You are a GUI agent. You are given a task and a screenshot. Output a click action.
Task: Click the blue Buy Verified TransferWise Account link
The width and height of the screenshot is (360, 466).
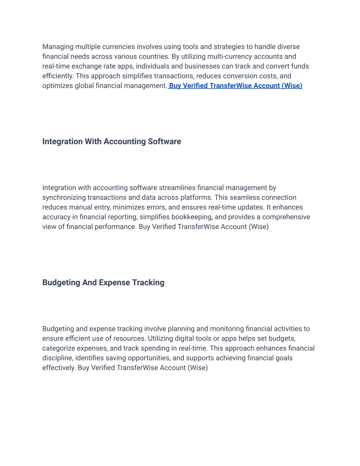(x=236, y=86)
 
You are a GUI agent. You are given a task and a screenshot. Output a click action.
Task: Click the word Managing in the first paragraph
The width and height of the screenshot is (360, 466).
(x=58, y=47)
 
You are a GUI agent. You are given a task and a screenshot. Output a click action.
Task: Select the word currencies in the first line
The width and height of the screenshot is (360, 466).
(x=118, y=47)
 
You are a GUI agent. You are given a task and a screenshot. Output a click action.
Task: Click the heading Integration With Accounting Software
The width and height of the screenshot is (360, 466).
(x=111, y=141)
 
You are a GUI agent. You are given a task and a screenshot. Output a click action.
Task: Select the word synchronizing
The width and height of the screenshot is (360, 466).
(x=64, y=198)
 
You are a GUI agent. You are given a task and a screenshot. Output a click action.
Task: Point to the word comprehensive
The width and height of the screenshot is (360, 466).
(x=286, y=217)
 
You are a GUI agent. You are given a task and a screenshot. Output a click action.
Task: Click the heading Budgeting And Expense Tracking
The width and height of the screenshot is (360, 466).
(x=103, y=282)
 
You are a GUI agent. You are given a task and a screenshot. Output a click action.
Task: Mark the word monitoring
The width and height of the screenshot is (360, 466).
(x=226, y=329)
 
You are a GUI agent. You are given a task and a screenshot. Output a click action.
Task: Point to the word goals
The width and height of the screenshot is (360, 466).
(x=284, y=358)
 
